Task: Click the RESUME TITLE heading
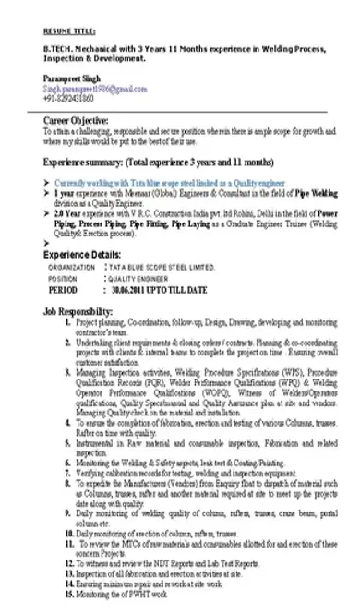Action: click(67, 30)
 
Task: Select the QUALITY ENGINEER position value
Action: click(149, 277)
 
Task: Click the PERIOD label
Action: click(66, 288)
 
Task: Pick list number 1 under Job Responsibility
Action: click(68, 324)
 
